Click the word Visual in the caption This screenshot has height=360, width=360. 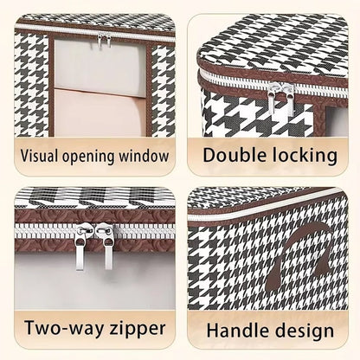pos(39,156)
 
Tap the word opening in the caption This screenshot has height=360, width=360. pos(88,157)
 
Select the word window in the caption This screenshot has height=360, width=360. pos(144,156)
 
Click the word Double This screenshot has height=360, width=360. pos(235,155)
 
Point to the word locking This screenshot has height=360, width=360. pos(305,156)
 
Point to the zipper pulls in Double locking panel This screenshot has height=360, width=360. pos(280,98)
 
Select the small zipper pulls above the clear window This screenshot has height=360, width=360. pos(104,39)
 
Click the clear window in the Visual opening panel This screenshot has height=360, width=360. pos(100,87)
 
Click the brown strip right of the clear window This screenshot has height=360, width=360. pos(149,89)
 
